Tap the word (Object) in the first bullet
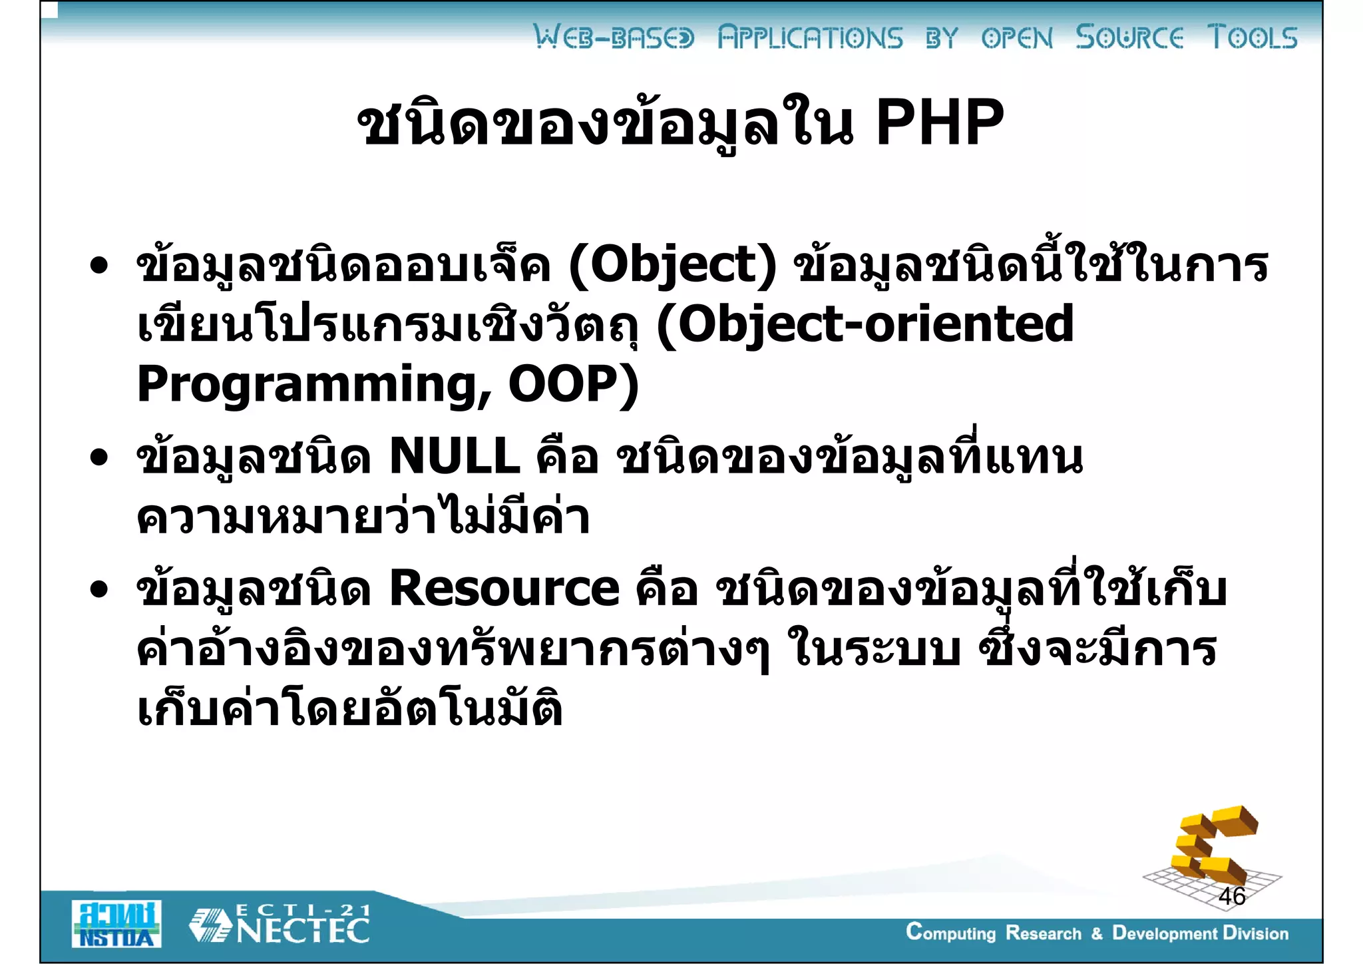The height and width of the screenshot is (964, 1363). click(672, 265)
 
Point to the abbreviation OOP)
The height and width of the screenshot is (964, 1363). click(573, 384)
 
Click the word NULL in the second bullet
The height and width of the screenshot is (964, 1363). click(455, 457)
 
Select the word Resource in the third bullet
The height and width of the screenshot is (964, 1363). click(504, 589)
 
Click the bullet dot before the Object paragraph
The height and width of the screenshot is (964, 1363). click(99, 266)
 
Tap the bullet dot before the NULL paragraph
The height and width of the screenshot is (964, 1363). click(99, 457)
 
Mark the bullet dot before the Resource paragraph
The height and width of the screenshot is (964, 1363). click(99, 589)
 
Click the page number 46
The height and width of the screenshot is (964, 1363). click(1232, 896)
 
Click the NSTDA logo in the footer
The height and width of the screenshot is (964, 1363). click(116, 924)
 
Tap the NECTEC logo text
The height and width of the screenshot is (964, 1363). click(303, 931)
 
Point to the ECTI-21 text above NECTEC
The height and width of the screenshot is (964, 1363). click(303, 909)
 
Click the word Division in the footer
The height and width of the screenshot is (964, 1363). click(1255, 933)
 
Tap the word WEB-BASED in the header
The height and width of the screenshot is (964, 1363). click(614, 37)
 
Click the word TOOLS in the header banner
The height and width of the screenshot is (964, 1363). click(1253, 37)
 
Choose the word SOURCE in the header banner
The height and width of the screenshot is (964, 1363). click(1129, 37)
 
